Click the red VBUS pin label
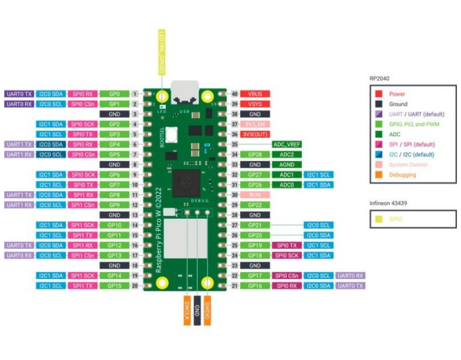(255, 94)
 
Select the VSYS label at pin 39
(255, 104)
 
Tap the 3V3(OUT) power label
(255, 134)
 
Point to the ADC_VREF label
(287, 144)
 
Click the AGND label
(287, 165)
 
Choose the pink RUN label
(255, 195)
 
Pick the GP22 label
(255, 205)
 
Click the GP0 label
(114, 94)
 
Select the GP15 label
(114, 286)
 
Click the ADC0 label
(287, 185)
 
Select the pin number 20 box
(135, 286)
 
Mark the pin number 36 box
(234, 134)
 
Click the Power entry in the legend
(397, 94)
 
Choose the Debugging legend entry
(402, 175)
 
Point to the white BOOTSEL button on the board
(171, 134)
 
